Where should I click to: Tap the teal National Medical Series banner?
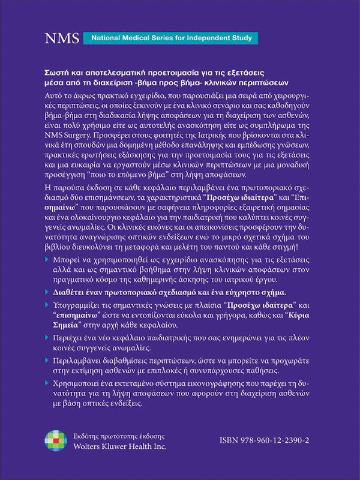170,39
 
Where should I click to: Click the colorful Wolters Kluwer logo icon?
55,440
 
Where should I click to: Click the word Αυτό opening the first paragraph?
56,97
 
